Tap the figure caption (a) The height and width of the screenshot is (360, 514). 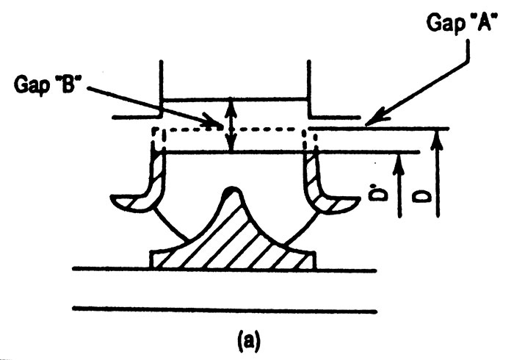click(x=249, y=342)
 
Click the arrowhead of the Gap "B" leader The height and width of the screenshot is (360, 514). click(x=213, y=121)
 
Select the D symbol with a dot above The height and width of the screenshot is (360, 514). click(x=377, y=193)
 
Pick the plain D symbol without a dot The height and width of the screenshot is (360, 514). click(x=420, y=196)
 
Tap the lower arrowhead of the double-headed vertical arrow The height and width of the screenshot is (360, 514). click(x=232, y=142)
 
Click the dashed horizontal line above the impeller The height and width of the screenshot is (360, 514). click(x=229, y=129)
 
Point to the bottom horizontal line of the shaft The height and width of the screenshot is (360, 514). click(x=225, y=309)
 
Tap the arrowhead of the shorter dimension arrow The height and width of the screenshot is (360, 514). click(x=399, y=163)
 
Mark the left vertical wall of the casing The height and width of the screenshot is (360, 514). click(x=161, y=88)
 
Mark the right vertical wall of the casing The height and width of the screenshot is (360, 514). click(x=308, y=88)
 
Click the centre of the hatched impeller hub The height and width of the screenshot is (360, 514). click(x=234, y=240)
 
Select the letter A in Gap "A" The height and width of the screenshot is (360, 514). click(x=482, y=22)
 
